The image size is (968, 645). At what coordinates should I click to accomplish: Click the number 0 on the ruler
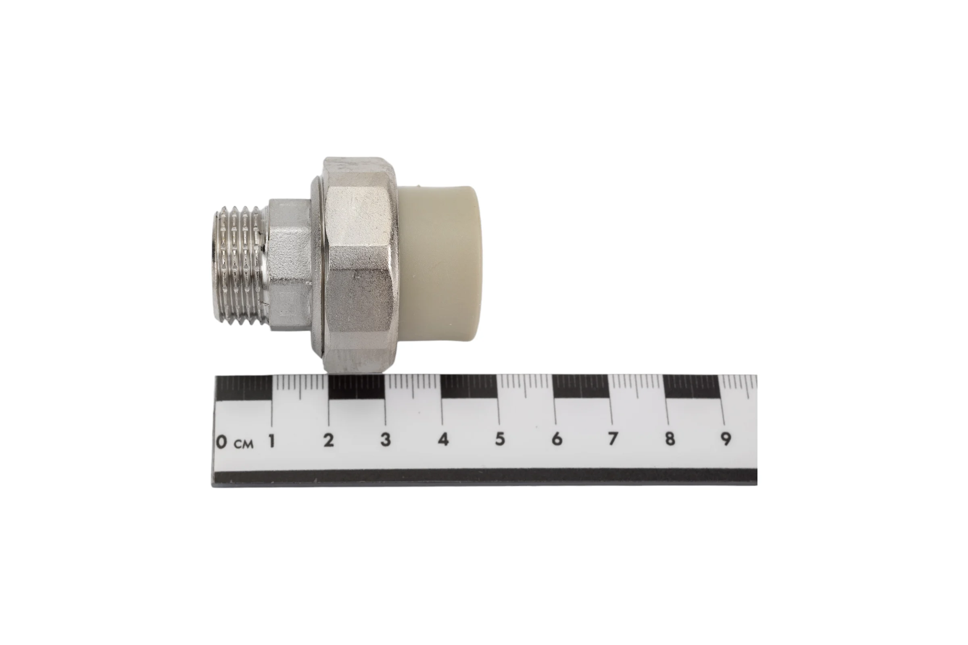221,442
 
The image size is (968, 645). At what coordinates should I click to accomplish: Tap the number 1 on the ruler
271,441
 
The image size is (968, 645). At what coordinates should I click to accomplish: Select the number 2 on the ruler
328,441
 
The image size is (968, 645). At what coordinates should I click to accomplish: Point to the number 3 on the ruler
385,440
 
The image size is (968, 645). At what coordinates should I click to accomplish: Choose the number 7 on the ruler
613,439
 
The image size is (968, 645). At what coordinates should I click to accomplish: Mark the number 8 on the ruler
670,439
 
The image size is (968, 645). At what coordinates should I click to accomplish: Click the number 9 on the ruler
726,439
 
